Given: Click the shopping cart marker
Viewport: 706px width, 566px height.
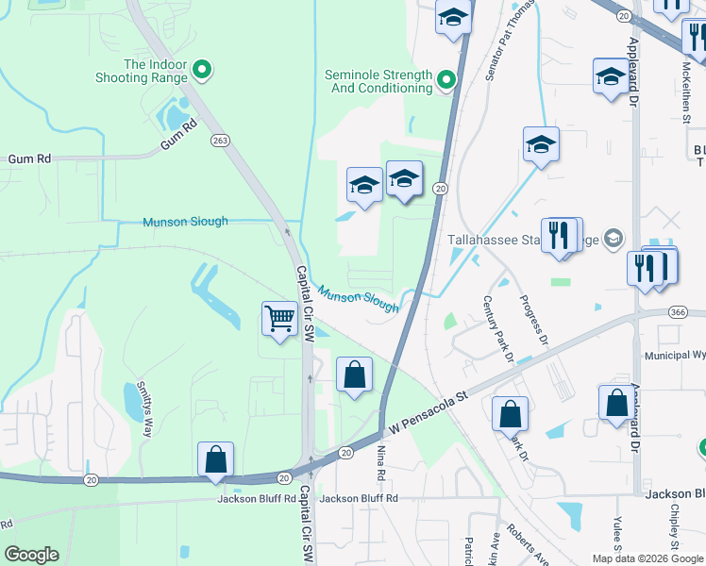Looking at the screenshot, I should pos(280,319).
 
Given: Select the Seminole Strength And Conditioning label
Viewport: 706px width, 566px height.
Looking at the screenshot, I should pos(378,81).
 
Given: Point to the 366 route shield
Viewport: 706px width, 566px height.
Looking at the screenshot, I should pos(677,312).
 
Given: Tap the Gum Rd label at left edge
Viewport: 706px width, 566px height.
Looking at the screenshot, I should pos(29,159).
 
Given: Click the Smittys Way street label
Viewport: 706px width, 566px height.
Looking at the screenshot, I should pos(143,403).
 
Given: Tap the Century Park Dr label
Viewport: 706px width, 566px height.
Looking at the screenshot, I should pos(496,329).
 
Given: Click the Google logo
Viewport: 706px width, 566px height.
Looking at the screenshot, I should pos(31,555).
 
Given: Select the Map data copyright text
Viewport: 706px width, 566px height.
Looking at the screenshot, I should pos(647,558).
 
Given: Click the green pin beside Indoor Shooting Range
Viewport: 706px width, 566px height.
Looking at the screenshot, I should pos(201,69).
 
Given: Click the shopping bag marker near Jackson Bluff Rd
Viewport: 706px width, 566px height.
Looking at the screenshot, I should pos(216,460).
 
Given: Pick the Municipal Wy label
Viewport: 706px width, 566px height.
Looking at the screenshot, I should pos(674,356).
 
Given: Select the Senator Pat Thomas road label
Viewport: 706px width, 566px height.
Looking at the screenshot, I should pos(511,42).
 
